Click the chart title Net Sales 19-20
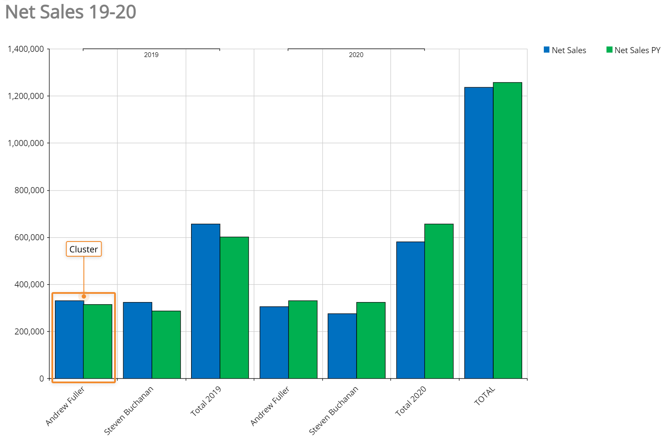(x=70, y=12)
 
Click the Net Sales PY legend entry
(x=633, y=50)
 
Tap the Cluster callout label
(x=83, y=249)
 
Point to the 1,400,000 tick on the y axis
(x=26, y=49)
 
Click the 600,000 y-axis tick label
(x=26, y=238)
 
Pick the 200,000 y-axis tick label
(x=26, y=332)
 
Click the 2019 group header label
(x=151, y=55)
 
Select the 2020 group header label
(x=356, y=55)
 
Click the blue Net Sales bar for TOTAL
(x=479, y=233)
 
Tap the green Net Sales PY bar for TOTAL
(x=507, y=231)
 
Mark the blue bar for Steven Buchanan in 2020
(x=342, y=346)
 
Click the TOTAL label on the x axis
(x=485, y=396)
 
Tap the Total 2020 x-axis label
(x=411, y=401)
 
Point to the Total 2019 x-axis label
(x=206, y=401)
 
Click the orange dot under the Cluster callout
(x=84, y=296)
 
